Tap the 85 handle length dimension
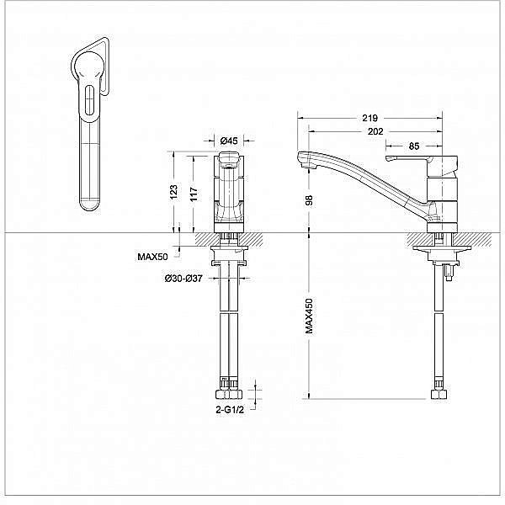coord(413,146)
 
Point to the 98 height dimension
coord(310,199)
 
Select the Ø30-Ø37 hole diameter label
coord(183,278)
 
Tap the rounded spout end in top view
coord(89,202)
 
